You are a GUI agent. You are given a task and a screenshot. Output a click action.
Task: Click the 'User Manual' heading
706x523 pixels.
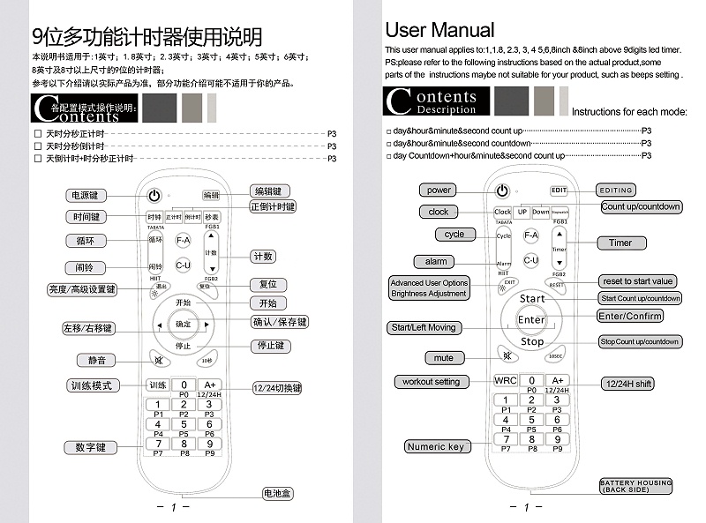tap(439, 30)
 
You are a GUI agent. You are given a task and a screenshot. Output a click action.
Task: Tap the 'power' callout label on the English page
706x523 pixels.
tap(439, 190)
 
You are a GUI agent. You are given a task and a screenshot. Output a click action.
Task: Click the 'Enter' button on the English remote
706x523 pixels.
tap(531, 319)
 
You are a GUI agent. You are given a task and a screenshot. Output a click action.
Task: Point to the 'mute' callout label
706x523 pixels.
tap(444, 357)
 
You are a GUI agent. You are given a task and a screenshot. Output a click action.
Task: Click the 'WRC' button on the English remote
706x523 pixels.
tap(506, 380)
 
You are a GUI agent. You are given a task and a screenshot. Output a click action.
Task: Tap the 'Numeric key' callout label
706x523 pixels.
tap(435, 446)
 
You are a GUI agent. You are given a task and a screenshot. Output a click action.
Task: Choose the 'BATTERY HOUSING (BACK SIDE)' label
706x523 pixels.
tap(635, 486)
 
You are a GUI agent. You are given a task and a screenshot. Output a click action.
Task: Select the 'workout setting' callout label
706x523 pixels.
tap(431, 382)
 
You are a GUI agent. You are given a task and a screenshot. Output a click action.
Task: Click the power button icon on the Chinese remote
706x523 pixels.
tap(154, 196)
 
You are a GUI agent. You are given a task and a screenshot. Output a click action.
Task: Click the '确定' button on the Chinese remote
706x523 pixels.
tap(183, 325)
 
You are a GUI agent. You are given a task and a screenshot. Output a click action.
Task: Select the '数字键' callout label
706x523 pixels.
tap(90, 447)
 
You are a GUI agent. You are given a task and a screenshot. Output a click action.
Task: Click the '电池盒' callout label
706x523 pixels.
tap(276, 493)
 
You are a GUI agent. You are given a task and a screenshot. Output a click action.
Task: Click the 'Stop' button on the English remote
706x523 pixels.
tap(531, 341)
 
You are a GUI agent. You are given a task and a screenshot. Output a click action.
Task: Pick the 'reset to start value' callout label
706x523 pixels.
tap(638, 281)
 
